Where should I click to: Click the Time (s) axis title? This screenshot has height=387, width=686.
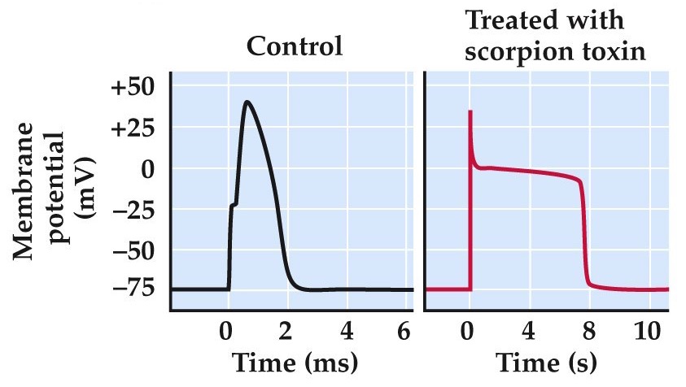tap(547, 361)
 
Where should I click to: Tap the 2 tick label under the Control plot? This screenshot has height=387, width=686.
tap(286, 331)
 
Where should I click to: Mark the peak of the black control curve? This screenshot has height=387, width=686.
tap(247, 102)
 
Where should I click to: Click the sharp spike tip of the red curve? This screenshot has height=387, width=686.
tap(470, 111)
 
